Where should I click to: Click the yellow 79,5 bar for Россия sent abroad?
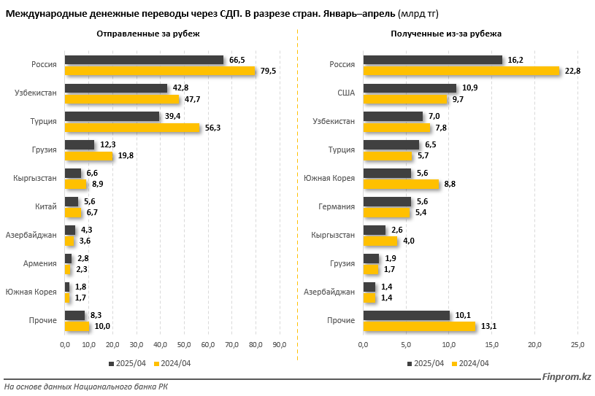(x=160, y=71)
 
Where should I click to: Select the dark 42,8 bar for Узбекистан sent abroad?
(x=115, y=88)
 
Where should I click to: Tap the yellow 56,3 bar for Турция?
(x=132, y=128)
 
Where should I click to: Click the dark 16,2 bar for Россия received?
(x=433, y=60)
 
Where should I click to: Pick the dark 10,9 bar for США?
(x=410, y=88)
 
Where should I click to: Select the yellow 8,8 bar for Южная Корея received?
(x=401, y=185)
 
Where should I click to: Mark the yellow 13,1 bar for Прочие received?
(x=419, y=326)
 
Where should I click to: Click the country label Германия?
(x=337, y=207)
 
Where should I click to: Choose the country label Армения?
(x=42, y=264)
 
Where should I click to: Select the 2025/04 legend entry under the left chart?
(x=128, y=363)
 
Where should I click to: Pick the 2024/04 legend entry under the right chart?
(x=470, y=363)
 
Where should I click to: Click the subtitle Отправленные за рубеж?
(x=147, y=34)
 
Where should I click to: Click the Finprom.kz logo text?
(x=566, y=377)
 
